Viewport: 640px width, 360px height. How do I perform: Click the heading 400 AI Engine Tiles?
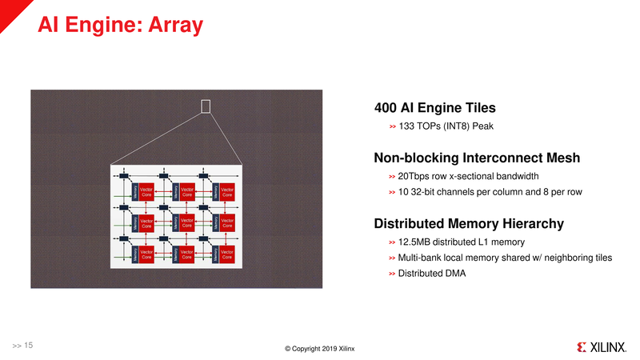coord(434,108)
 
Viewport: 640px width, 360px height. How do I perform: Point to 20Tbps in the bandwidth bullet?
coord(414,176)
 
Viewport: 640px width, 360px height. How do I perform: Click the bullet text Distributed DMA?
coord(432,274)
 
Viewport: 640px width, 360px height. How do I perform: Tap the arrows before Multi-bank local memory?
coord(392,258)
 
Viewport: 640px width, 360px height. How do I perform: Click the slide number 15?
coord(28,346)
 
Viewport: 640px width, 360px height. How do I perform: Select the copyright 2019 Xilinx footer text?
coord(319,349)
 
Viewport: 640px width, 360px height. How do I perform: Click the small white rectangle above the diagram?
coord(206,106)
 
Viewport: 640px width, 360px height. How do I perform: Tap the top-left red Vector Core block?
coord(147,192)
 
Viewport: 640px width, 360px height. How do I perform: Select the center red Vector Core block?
coord(187,223)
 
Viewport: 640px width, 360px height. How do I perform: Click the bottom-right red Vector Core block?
coord(227,254)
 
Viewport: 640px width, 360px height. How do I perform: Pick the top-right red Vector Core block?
coord(227,192)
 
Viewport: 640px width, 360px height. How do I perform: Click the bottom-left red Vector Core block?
coord(147,254)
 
